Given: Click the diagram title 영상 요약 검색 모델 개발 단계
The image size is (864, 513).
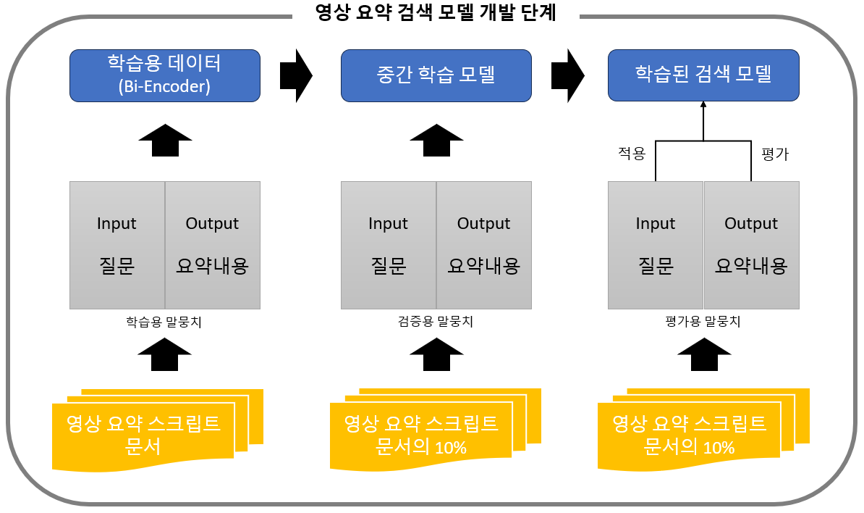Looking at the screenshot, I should tap(436, 12).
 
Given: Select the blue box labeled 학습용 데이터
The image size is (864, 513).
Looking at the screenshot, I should tap(164, 75).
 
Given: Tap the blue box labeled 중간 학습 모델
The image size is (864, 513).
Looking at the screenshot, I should tap(436, 75).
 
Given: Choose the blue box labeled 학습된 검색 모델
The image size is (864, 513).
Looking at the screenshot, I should tap(703, 75).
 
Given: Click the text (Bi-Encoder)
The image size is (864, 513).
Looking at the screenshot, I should tap(164, 87).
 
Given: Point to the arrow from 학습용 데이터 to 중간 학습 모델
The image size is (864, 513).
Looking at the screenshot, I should tap(295, 75).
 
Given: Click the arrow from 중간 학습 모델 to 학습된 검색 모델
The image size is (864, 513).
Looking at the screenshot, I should tap(567, 75).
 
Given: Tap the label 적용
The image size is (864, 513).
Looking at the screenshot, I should tap(631, 154).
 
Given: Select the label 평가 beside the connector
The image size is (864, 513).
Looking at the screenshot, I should tap(775, 154).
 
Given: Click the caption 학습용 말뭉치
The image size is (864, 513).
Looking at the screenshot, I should tap(164, 322).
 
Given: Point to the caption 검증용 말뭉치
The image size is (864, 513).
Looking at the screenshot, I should tap(436, 322).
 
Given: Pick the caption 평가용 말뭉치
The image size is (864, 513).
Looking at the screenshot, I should tap(703, 322).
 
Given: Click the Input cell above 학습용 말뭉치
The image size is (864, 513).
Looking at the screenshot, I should tap(117, 246).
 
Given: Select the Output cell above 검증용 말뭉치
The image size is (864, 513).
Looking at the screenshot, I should tap(484, 246).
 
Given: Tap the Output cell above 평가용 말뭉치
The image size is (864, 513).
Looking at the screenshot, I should tap(751, 246).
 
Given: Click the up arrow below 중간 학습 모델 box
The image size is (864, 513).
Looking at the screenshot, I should tap(436, 140).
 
